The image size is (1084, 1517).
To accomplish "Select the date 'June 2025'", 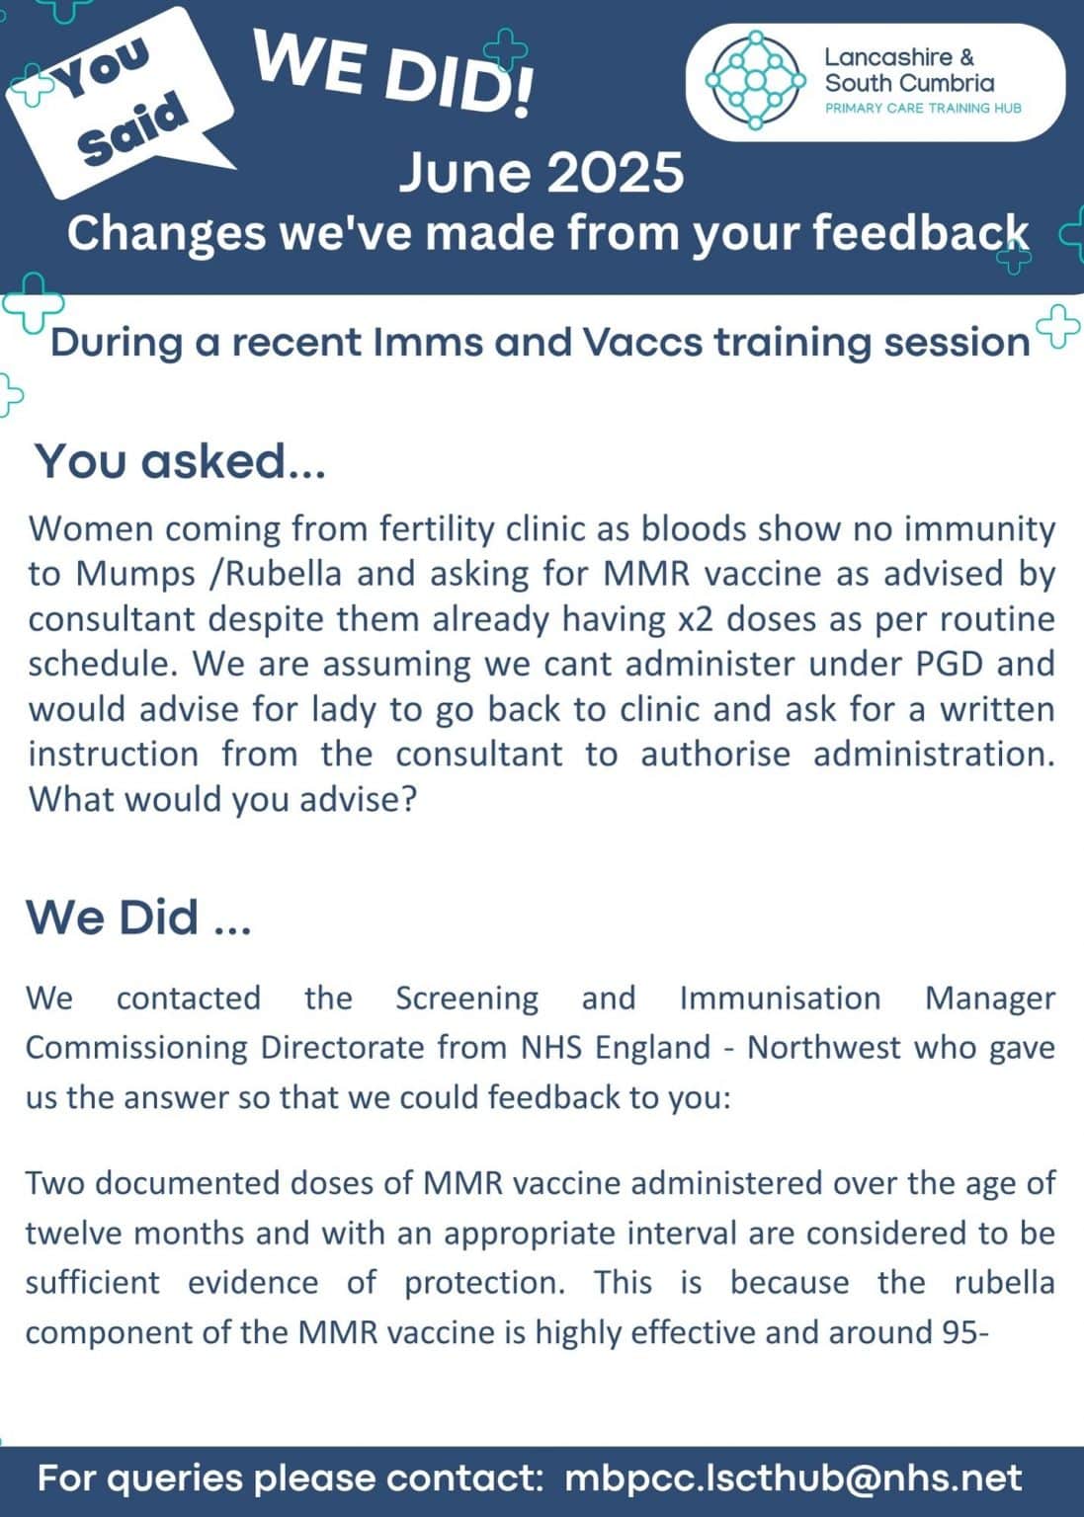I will [x=541, y=172].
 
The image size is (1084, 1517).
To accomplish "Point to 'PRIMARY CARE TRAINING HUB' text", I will [x=923, y=108].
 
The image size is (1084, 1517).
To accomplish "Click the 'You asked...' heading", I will [x=181, y=461].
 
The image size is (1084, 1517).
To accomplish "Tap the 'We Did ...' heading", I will [x=138, y=917].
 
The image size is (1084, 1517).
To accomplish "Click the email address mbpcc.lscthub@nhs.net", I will [x=793, y=1478].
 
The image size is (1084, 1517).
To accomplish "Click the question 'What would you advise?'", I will [x=222, y=798].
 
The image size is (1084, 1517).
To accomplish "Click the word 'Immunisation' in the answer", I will [x=780, y=998].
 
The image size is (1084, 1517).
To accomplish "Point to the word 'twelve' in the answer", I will [x=74, y=1234].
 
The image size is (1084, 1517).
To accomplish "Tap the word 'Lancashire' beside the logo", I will [x=886, y=58].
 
